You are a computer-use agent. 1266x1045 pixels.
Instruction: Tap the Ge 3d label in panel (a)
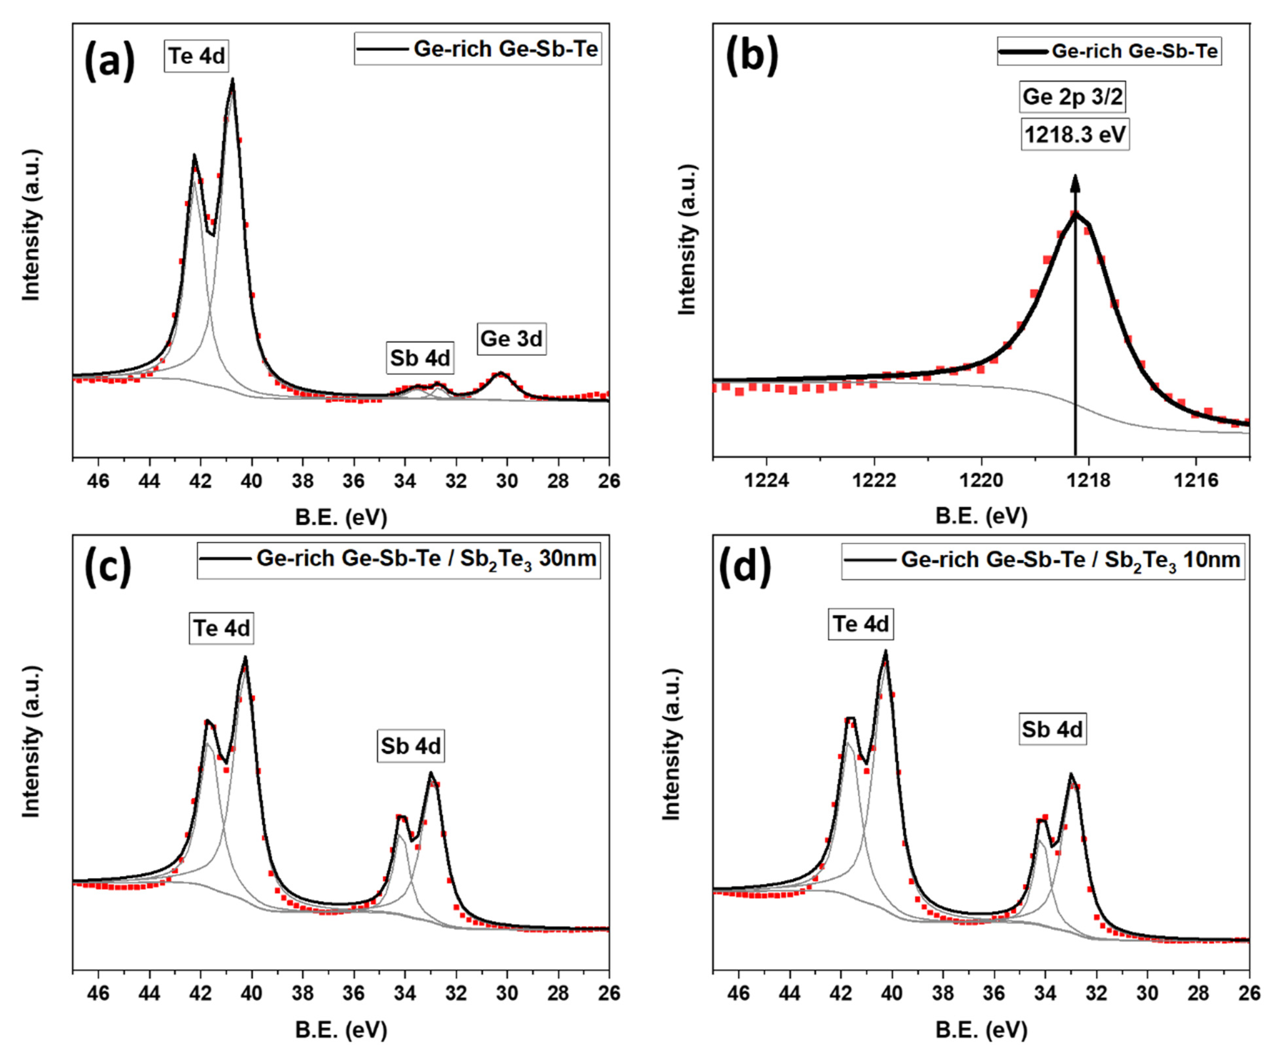pos(511,339)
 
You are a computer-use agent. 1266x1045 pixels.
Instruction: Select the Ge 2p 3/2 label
pos(1072,97)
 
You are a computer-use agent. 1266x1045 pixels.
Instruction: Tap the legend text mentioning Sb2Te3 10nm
pos(1070,561)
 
